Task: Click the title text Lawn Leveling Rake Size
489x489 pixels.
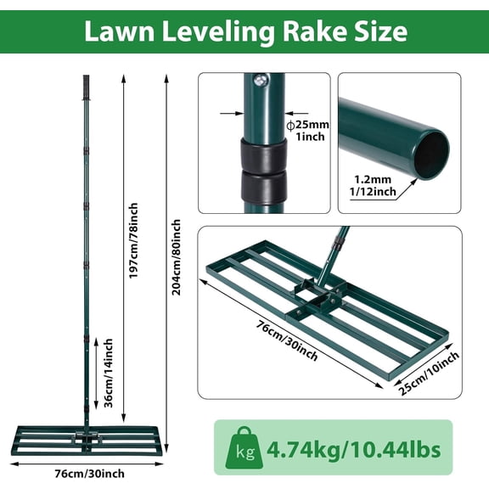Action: coord(244,32)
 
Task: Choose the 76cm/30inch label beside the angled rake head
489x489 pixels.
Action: coord(275,341)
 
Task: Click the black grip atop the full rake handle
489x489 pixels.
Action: coord(85,87)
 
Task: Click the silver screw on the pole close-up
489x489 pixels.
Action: coord(261,81)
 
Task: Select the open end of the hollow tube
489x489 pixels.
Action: coord(431,153)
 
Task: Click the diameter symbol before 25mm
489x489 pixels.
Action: coord(290,125)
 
